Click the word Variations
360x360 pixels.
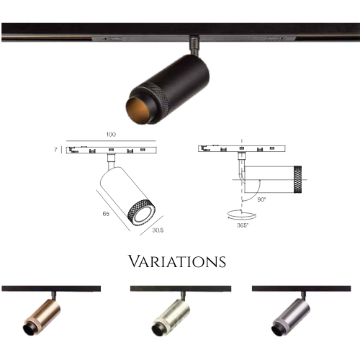(x=177, y=261)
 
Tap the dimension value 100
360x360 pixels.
(x=111, y=135)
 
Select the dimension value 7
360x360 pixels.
(x=55, y=150)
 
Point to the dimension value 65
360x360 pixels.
(x=106, y=214)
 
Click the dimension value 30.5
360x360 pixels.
(x=158, y=230)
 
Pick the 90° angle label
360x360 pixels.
(x=261, y=199)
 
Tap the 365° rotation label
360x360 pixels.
(x=243, y=225)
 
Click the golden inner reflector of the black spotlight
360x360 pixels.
(x=136, y=110)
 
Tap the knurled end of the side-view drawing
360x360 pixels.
(x=297, y=179)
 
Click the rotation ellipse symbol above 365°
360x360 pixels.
(x=242, y=215)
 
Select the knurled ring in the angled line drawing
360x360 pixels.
(x=142, y=213)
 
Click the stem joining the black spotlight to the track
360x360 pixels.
(x=194, y=45)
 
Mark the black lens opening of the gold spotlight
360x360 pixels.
(x=30, y=329)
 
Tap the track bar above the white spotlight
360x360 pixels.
(x=181, y=289)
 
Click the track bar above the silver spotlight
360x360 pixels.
(x=302, y=289)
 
